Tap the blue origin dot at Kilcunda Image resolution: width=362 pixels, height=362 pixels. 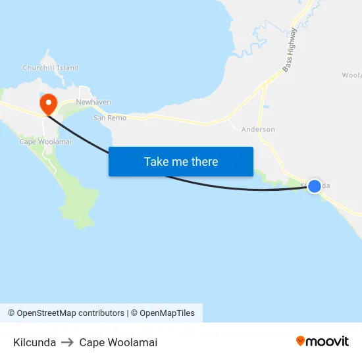coord(315,186)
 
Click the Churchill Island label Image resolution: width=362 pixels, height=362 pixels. coord(51,68)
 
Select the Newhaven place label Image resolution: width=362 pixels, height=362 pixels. coord(93,102)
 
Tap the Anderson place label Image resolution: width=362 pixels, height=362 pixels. coord(258,130)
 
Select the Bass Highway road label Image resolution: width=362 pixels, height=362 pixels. coord(290,50)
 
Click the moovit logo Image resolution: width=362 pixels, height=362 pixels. coord(322,341)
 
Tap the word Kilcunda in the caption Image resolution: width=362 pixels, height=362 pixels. coord(34,342)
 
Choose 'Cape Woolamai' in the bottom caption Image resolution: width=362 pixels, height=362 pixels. coord(118,342)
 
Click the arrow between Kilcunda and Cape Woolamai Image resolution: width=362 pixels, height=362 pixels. coord(67,342)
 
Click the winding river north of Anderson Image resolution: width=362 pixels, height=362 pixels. coord(253,43)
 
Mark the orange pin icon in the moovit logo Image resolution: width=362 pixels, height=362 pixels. coord(301,341)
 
